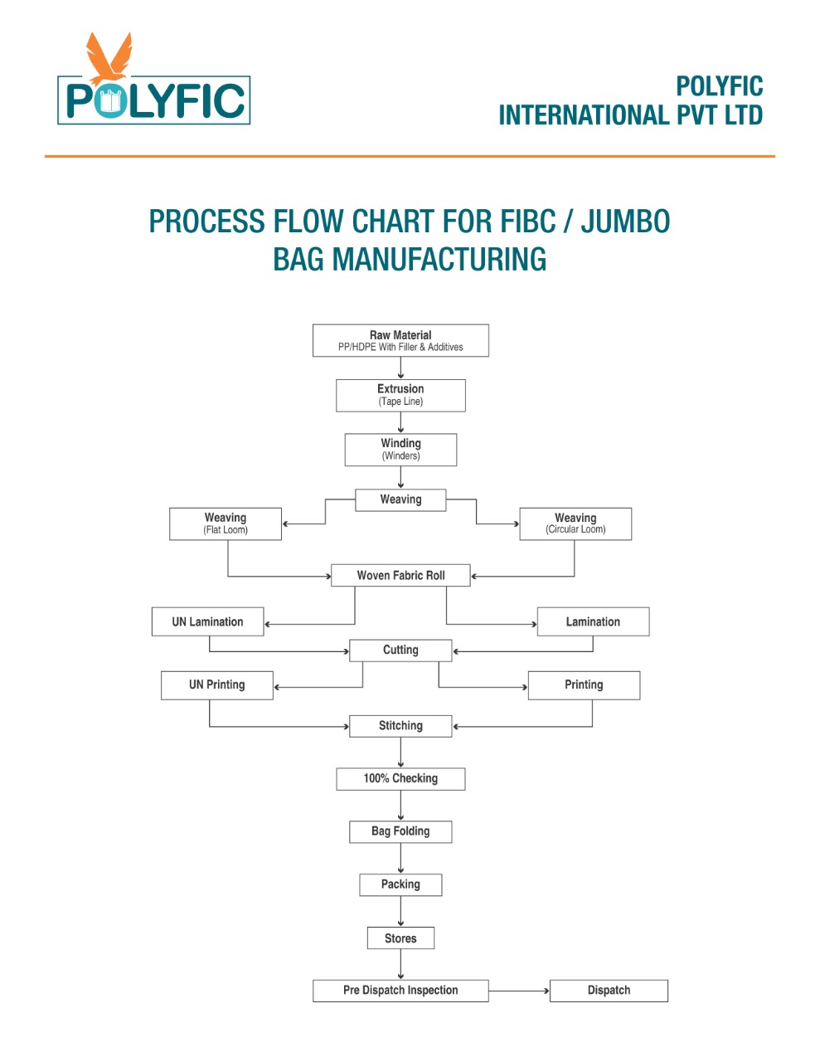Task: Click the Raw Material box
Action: point(400,340)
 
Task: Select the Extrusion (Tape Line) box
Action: point(400,396)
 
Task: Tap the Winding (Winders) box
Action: point(400,450)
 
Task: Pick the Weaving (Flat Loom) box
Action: point(226,524)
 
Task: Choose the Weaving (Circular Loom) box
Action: point(575,524)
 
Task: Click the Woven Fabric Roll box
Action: point(400,575)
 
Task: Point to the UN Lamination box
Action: point(207,621)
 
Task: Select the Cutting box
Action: point(400,650)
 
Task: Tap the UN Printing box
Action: point(217,685)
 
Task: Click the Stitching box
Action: point(400,726)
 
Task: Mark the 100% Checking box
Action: point(400,779)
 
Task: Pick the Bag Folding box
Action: point(400,832)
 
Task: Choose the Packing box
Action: point(400,884)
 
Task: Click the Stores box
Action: point(400,938)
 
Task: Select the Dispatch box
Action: point(609,991)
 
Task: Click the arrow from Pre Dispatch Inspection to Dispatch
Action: point(519,991)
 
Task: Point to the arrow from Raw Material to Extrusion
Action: point(400,368)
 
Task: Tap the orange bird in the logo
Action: point(109,59)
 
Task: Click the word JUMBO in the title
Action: point(625,221)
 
